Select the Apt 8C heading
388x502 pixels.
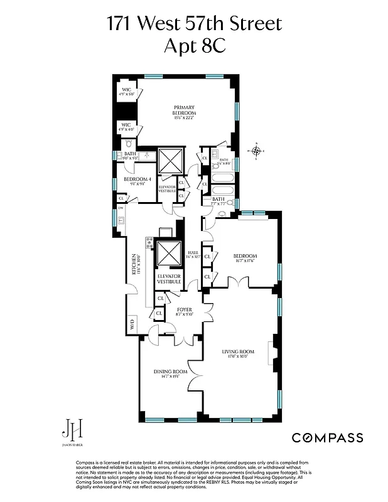click(194, 47)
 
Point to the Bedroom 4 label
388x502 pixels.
click(134, 181)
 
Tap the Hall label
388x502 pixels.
click(193, 255)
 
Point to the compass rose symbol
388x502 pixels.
click(256, 151)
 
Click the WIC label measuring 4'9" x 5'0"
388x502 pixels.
click(128, 92)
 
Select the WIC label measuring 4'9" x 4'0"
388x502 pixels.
click(128, 127)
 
